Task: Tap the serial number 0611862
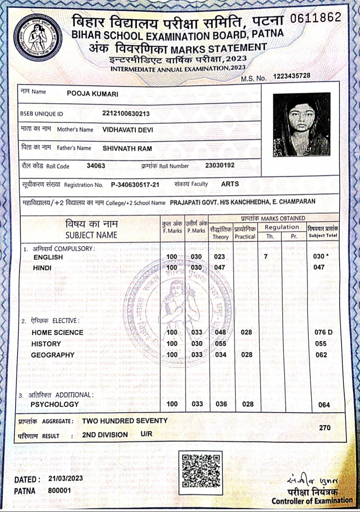[316, 18]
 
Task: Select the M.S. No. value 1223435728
[292, 76]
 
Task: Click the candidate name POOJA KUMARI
[93, 94]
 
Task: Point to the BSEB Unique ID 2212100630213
[126, 114]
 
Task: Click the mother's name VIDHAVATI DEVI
[128, 130]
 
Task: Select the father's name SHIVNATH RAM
[127, 148]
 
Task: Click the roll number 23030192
[220, 165]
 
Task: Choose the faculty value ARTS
[230, 184]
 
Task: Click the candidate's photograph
[301, 124]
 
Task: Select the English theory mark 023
[220, 257]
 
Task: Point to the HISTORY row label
[46, 344]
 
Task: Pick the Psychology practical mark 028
[247, 404]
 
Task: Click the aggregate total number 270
[325, 428]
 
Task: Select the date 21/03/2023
[66, 479]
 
